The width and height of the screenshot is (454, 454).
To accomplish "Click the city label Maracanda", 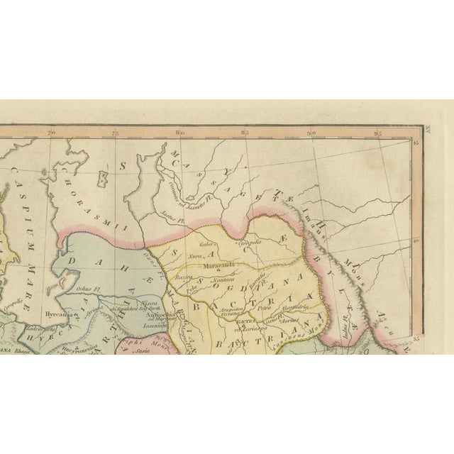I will (220, 267).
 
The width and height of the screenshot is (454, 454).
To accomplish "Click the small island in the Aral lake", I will (105, 172).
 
